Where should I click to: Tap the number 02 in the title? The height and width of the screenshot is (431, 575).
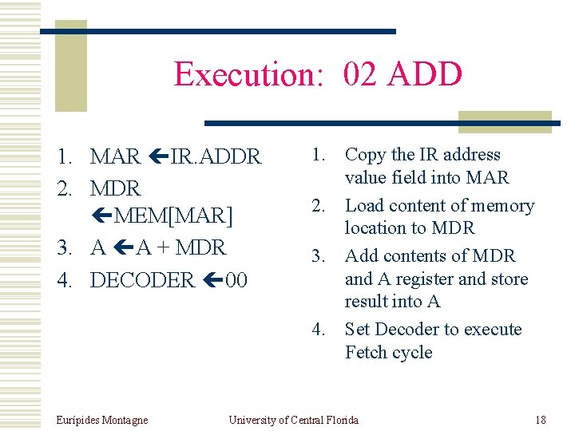361,74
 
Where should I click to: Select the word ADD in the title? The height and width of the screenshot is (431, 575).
425,74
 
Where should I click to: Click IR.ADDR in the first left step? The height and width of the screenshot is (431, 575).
216,156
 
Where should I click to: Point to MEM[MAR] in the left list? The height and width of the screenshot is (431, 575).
173,215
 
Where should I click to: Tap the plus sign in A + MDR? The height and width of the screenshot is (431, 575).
164,247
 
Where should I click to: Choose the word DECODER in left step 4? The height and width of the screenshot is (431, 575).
142,280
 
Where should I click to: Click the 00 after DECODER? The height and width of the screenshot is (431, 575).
236,280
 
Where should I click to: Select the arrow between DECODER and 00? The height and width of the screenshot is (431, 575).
210,280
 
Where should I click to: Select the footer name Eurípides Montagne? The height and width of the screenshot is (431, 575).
102,420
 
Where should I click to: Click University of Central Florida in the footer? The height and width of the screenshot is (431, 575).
293,420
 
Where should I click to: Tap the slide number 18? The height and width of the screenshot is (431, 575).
541,420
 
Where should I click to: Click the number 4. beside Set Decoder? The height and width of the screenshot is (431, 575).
319,329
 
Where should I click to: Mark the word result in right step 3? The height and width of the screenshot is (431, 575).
368,301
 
